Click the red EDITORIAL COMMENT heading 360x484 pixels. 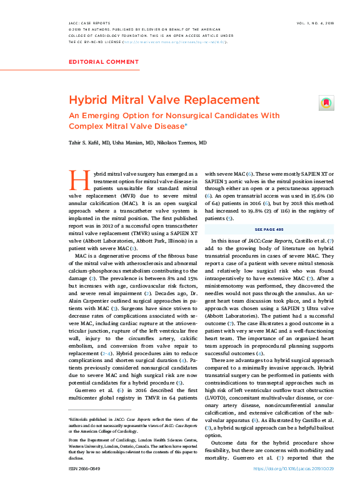point(103,62)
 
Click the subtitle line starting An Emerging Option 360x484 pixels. point(174,116)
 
